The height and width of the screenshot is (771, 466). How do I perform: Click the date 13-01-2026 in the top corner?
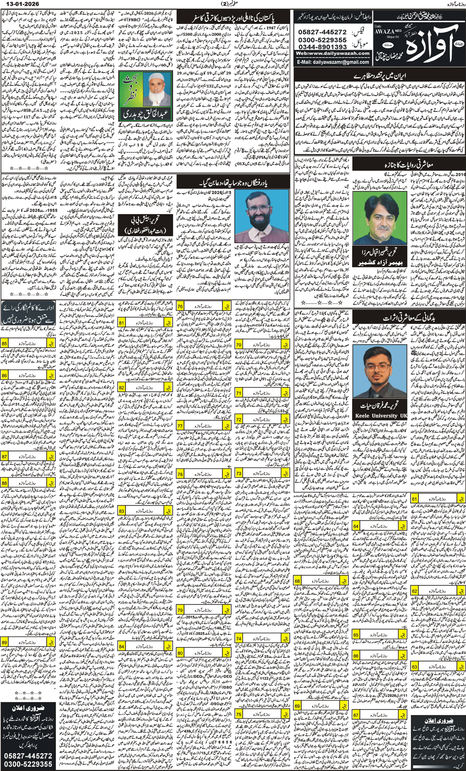[19, 4]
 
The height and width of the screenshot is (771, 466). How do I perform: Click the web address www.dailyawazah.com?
[332, 54]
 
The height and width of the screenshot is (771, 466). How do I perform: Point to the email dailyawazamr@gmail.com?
[333, 62]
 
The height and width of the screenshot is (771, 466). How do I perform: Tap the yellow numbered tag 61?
[415, 499]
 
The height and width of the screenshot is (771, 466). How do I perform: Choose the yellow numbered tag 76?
[180, 307]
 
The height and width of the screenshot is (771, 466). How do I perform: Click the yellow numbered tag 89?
[4, 643]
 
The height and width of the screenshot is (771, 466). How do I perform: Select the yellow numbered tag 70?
[239, 345]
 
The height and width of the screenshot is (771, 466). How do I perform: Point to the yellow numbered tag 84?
[122, 646]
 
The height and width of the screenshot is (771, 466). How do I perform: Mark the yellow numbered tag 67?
[356, 715]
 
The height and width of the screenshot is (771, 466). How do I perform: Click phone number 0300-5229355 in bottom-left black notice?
[28, 764]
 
